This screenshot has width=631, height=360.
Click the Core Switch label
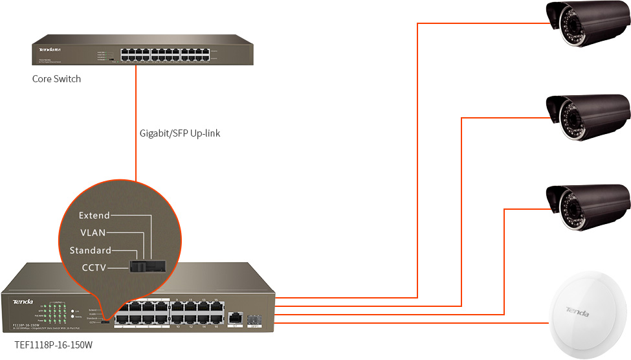(57, 79)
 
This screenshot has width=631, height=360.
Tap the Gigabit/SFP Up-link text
(181, 133)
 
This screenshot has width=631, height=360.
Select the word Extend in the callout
(94, 215)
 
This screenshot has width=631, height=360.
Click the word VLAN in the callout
(93, 232)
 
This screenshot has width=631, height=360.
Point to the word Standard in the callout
(90, 250)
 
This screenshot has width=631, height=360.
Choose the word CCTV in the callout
(93, 267)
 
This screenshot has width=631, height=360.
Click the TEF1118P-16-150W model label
(54, 346)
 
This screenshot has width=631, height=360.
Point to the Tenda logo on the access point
(577, 313)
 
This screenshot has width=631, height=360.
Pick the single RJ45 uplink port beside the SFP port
(235, 317)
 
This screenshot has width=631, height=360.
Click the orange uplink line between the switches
(136, 123)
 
